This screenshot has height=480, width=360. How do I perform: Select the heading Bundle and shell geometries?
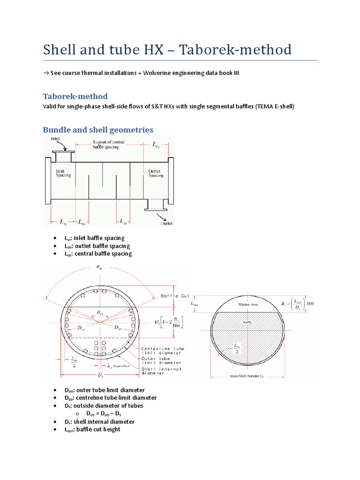[x=98, y=129]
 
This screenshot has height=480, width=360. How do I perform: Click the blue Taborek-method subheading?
[x=75, y=96]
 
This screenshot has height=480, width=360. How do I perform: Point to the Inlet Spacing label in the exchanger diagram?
[x=63, y=173]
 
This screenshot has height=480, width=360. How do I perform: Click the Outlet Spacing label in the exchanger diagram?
[x=156, y=173]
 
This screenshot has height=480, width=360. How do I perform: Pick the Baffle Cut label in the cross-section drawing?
[x=175, y=296]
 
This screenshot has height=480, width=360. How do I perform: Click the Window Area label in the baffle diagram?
[x=248, y=304]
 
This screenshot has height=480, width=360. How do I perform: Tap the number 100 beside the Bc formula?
[x=310, y=303]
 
